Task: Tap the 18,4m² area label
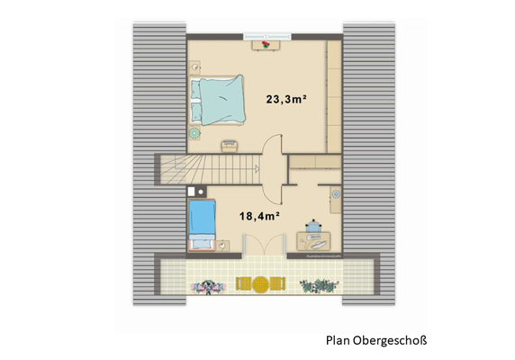click(x=257, y=216)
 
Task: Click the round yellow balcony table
click(x=257, y=284)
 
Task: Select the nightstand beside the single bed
click(x=222, y=244)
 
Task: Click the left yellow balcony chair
click(x=242, y=284)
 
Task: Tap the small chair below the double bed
click(x=230, y=145)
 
